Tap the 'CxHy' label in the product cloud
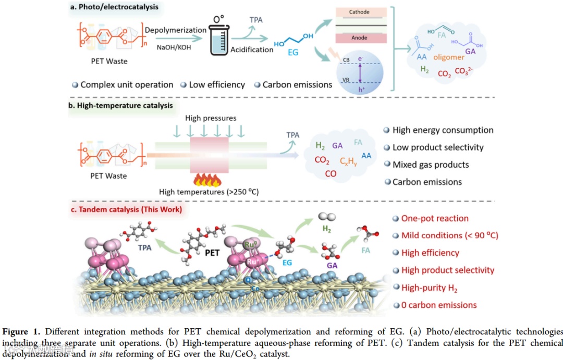point(349,162)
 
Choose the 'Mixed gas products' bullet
point(431,165)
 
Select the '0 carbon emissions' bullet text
point(439,305)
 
